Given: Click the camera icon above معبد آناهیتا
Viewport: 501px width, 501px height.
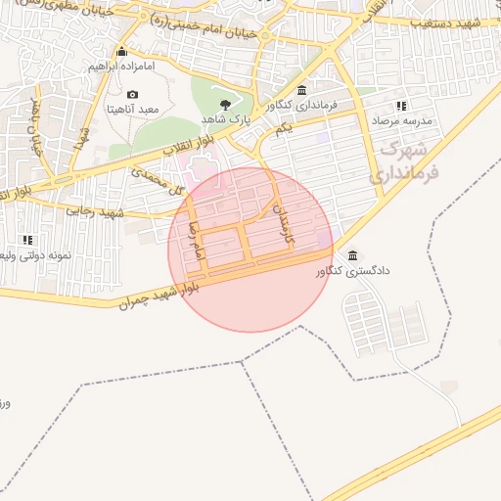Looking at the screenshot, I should (x=133, y=94).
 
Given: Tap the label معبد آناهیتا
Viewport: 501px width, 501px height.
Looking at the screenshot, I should (x=133, y=110).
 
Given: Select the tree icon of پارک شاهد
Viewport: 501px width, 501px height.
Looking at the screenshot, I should (x=227, y=103).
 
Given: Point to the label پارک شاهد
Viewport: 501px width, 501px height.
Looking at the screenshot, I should (x=226, y=118).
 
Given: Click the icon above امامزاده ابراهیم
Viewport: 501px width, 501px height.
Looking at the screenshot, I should (x=121, y=51).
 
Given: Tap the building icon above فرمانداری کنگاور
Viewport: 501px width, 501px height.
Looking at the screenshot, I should (x=300, y=90).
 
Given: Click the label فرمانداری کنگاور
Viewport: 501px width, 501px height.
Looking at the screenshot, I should (x=300, y=104).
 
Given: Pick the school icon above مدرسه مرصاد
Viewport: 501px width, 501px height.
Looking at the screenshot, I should (x=400, y=106).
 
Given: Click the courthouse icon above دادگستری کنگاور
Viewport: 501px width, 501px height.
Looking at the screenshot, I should (x=352, y=255).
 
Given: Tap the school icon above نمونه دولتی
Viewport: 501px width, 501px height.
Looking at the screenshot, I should (x=27, y=239).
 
